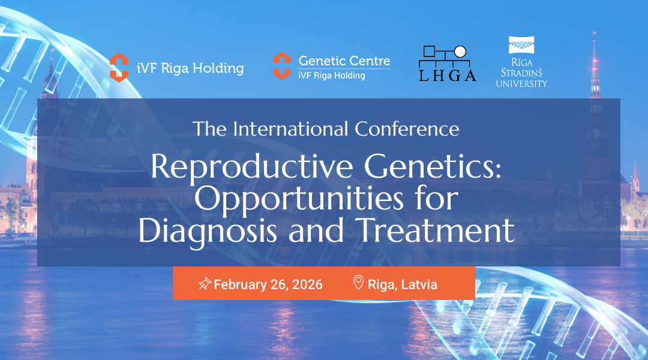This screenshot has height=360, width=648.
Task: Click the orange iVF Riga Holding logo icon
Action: (119, 68)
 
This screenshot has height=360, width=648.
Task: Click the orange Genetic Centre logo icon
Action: (282, 66)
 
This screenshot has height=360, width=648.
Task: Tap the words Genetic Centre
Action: (344, 61)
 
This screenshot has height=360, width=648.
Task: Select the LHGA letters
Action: (448, 76)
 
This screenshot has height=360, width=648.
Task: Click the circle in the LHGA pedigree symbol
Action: (460, 52)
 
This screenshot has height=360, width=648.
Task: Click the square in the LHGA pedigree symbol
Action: (430, 52)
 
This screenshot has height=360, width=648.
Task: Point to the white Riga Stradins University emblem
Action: (521, 45)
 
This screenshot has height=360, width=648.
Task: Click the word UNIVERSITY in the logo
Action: (521, 84)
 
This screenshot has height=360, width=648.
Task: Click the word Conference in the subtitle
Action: (407, 129)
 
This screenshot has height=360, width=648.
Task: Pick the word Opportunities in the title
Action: (299, 200)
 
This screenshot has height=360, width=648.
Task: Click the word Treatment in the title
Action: (436, 230)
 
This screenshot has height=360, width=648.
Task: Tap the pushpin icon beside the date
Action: (205, 284)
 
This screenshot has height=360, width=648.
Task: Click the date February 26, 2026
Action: (268, 285)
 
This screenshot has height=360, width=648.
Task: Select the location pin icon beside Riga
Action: (358, 283)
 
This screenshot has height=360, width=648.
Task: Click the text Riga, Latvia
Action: (403, 285)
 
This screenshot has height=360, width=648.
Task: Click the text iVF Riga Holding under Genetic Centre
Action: (332, 76)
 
